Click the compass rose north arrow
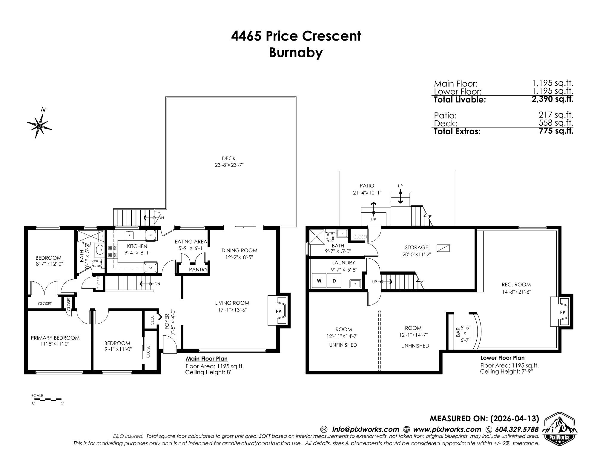[x=39, y=124]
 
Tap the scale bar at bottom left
[x=46, y=399]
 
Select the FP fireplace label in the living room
[x=278, y=311]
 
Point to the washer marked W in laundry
[x=319, y=281]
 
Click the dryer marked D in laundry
[x=334, y=281]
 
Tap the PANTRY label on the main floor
[x=198, y=269]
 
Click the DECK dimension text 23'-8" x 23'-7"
[x=229, y=165]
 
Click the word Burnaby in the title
[x=296, y=53]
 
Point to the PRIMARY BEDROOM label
[x=55, y=338]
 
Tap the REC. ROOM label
[x=516, y=285]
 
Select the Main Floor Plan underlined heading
[x=207, y=359]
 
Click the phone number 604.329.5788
[x=517, y=429]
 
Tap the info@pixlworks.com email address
[x=366, y=429]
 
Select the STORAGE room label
[x=417, y=247]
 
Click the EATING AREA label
[x=191, y=242]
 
